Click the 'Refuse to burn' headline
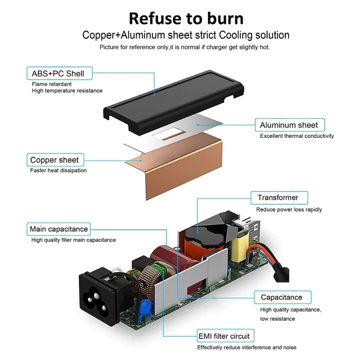[x=186, y=19]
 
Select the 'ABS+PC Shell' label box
[x=60, y=73]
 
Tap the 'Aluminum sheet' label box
[x=290, y=125]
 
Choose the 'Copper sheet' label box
[x=55, y=160]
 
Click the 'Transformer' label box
[x=279, y=198]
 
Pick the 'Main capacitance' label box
[x=59, y=229]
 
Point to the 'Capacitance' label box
[x=283, y=298]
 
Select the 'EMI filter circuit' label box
[x=225, y=336]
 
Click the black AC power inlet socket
[x=99, y=297]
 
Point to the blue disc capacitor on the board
[x=145, y=310]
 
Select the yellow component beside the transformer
[x=240, y=248]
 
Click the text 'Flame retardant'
[x=51, y=84]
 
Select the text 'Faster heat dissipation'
[x=58, y=170]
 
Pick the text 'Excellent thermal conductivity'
[x=297, y=136]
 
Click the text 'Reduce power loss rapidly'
[x=289, y=209]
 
